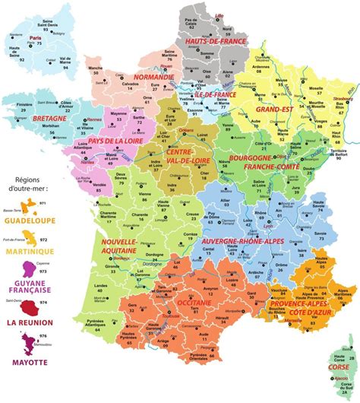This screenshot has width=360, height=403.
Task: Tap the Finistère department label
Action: pos(21,109)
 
